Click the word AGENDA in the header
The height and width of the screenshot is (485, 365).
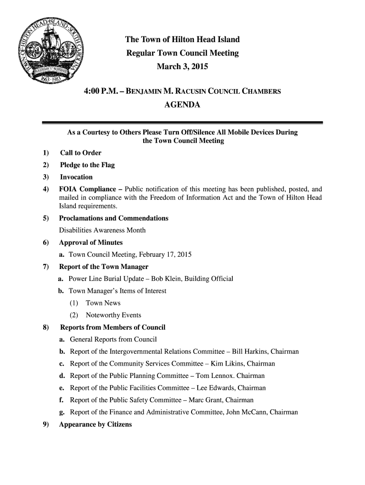pos(182,104)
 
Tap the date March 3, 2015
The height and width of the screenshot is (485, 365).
pos(182,67)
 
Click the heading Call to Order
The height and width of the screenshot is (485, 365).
pos(80,153)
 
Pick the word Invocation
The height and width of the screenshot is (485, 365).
pos(76,177)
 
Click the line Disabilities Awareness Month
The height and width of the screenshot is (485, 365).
pos(102,230)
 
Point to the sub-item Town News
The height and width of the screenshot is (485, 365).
pos(103,303)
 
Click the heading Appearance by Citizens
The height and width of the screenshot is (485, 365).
pos(95,424)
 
